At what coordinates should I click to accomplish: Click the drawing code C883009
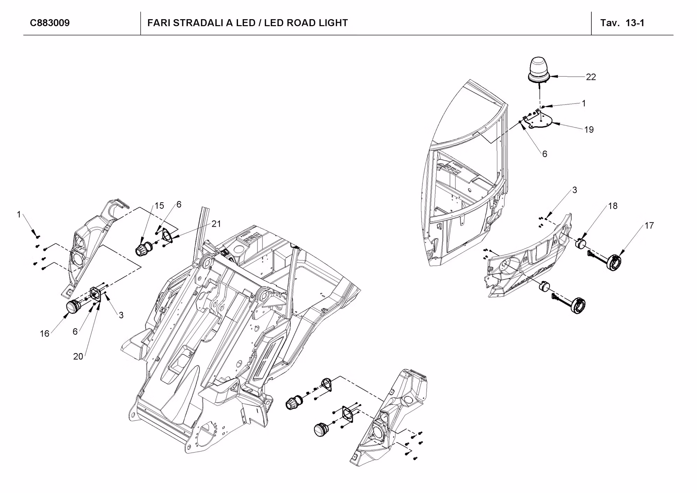click(x=50, y=23)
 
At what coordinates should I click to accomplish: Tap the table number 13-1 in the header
click(x=635, y=23)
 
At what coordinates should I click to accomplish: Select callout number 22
click(x=591, y=77)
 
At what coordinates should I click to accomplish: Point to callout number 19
click(x=589, y=130)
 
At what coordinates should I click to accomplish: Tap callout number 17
click(x=649, y=226)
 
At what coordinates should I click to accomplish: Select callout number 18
click(x=613, y=206)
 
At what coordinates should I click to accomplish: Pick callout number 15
click(x=159, y=206)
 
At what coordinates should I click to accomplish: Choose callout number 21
click(x=216, y=224)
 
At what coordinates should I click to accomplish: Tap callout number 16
click(x=44, y=334)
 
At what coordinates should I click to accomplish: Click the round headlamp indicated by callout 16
click(x=73, y=307)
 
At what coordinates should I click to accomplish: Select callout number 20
click(x=78, y=356)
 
